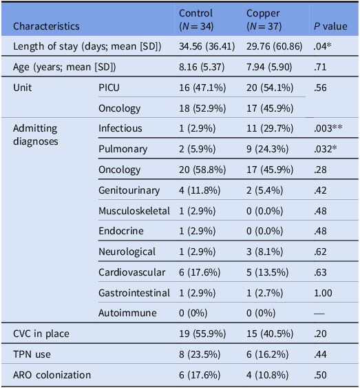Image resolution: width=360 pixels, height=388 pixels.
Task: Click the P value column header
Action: tap(330, 26)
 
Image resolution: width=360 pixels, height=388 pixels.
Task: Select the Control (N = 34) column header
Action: tap(196, 19)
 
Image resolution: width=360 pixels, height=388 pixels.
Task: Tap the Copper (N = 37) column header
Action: tap(264, 19)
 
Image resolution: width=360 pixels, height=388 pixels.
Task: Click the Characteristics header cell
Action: tap(46, 26)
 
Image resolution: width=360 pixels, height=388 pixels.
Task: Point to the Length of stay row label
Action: tap(87, 47)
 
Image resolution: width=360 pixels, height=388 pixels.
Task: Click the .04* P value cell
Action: tap(322, 46)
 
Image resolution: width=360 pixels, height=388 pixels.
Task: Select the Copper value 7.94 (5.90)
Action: tap(269, 67)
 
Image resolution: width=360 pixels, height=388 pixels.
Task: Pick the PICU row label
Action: tap(109, 88)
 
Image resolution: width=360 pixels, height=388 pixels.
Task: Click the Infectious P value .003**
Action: tap(328, 128)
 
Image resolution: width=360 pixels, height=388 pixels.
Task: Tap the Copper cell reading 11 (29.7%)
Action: tap(270, 128)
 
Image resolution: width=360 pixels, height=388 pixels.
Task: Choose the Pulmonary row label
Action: tap(123, 150)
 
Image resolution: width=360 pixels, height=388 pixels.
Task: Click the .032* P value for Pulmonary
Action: tap(325, 149)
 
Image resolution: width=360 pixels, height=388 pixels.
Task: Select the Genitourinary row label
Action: tap(129, 190)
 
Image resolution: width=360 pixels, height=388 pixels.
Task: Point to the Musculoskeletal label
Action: tap(134, 211)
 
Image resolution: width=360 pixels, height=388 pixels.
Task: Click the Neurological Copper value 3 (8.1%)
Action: tap(264, 252)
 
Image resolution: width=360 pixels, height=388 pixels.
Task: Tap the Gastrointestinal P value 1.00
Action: tap(323, 293)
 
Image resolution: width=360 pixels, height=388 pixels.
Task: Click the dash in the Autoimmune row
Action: tap(319, 314)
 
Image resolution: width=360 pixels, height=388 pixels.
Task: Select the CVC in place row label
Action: tap(41, 334)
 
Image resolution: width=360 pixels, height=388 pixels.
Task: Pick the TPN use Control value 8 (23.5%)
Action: tap(200, 354)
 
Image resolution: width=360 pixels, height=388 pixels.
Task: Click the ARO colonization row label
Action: tap(52, 375)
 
